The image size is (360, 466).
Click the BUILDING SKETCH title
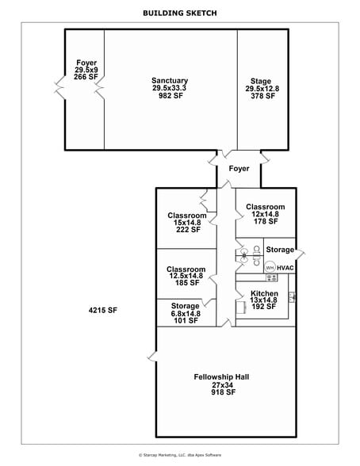179,13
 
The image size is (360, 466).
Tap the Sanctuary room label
170,80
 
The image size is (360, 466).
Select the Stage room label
260,81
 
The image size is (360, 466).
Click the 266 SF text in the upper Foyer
86,77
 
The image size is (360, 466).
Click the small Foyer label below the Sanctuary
239,169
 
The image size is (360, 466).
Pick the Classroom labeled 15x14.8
187,216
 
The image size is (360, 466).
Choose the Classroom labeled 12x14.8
265,207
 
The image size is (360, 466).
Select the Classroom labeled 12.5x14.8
186,269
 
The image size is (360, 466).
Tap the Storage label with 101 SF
186,306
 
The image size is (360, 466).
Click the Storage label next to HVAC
279,250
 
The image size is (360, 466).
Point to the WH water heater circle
270,268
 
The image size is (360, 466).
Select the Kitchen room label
263,292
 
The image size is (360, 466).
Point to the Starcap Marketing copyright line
180,455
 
